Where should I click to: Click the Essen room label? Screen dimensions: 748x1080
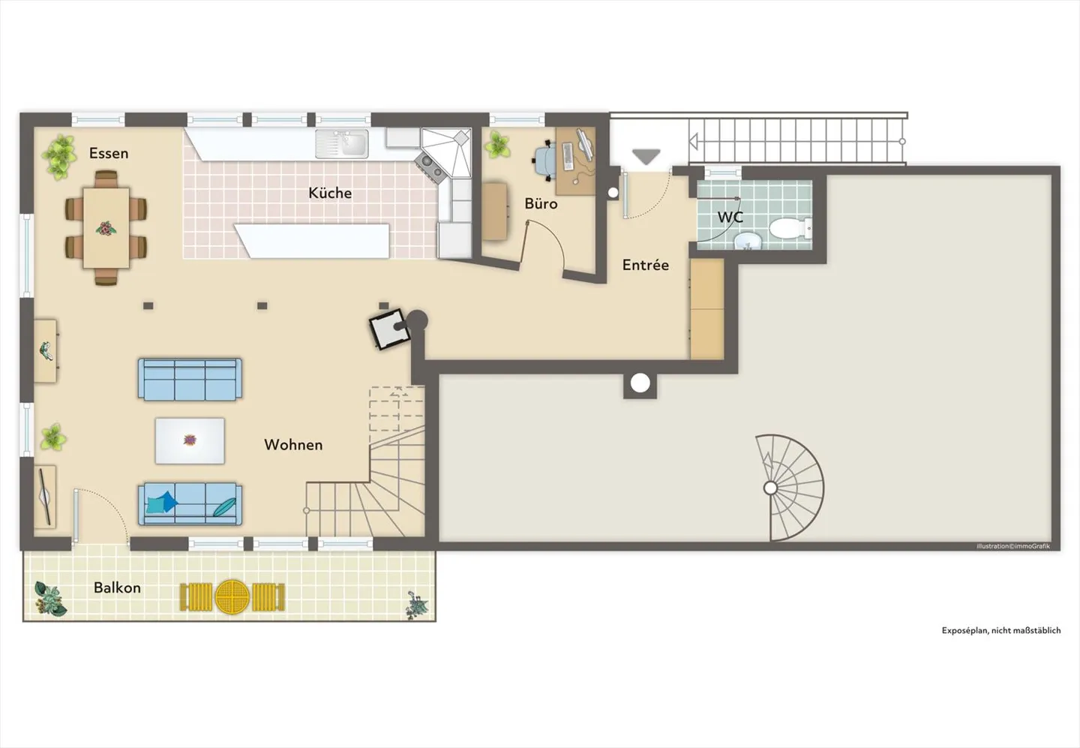pos(109,153)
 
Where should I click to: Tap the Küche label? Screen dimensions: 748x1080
pos(330,193)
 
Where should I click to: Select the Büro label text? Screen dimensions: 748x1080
pos(541,203)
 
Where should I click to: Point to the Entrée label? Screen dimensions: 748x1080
pos(645,265)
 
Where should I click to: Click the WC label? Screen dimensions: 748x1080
pos(730,218)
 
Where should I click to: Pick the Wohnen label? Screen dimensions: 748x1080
pos(293,445)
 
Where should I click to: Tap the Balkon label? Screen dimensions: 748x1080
pos(117,587)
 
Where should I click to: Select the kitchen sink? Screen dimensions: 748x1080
pos(343,143)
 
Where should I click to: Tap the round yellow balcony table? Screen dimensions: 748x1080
pos(232,596)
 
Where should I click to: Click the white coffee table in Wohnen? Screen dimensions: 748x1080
pos(190,440)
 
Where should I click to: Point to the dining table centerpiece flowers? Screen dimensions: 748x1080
pos(106,228)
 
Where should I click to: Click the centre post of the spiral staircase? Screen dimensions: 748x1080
pos(770,488)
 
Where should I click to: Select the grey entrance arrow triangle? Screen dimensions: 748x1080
pos(646,157)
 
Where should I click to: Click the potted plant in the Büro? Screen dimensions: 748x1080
pos(497,145)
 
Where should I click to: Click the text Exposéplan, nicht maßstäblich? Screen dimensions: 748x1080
pos(1001,631)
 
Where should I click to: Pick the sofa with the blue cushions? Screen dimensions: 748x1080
pos(190,503)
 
